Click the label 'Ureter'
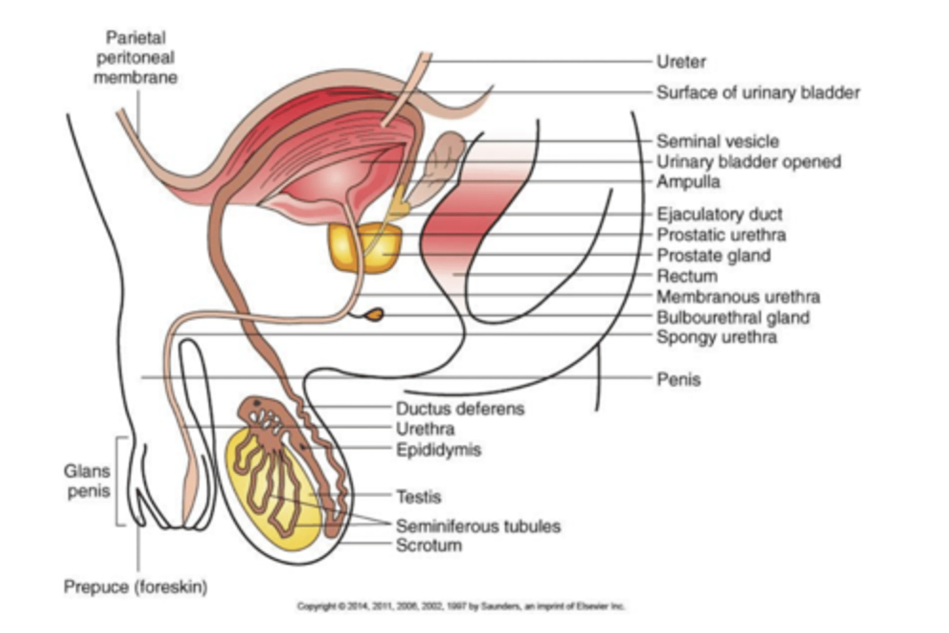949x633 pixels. point(681,62)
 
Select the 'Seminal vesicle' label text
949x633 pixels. point(717,141)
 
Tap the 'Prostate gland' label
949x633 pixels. point(713,256)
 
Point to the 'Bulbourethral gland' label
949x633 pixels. point(733,317)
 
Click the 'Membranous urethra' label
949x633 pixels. point(738,297)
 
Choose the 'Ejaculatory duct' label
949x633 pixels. point(719,214)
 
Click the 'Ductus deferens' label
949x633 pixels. point(460,408)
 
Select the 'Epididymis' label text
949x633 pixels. point(438,450)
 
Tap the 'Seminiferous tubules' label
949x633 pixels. point(478,526)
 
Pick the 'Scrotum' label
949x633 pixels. point(428,545)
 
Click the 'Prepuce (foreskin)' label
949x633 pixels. point(135,586)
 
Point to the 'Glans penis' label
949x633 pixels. point(87,481)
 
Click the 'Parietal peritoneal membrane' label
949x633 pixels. point(135,57)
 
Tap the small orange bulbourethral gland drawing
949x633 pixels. point(374,316)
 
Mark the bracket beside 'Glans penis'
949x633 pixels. point(120,481)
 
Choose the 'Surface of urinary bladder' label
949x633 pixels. point(758,93)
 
